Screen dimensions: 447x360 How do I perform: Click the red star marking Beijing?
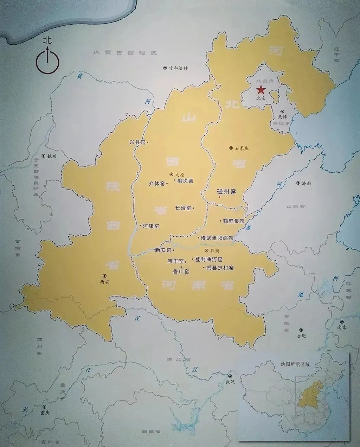pos(262,90)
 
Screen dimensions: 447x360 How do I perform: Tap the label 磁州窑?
pos(226,192)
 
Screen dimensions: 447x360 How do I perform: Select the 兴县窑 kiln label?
pos(137,142)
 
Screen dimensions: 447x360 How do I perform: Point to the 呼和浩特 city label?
pos(179,68)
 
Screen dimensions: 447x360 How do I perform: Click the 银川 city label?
pos(51,156)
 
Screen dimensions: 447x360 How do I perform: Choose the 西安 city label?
pos(105,281)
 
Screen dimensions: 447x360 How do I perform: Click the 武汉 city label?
pos(230,381)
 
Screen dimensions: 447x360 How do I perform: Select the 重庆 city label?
pos(45,413)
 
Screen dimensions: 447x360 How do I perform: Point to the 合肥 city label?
pos(302,336)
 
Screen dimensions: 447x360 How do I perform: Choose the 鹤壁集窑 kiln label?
pos(233,221)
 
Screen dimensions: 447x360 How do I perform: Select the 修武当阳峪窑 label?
pos(217,238)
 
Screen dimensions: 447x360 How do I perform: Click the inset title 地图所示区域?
pos(293,364)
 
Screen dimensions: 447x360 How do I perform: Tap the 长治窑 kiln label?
pos(183,208)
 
